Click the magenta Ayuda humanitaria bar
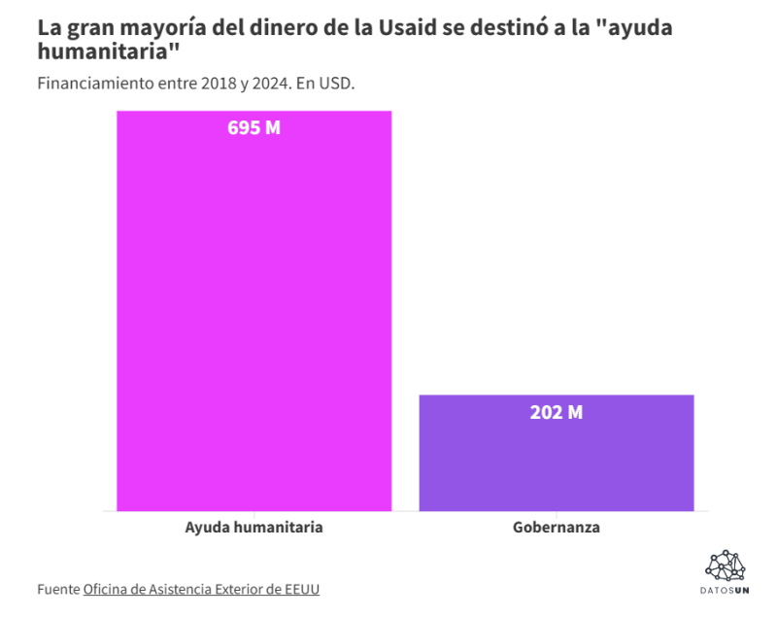click(254, 311)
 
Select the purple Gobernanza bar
click(557, 453)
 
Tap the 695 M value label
click(254, 128)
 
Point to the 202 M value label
click(557, 412)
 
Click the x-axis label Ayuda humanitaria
click(254, 527)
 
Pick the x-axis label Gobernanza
click(557, 527)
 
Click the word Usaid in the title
click(407, 28)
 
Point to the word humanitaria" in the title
click(109, 51)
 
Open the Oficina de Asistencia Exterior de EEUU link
click(201, 589)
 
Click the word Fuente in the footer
click(58, 589)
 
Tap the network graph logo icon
click(725, 566)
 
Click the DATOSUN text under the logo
click(725, 591)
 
